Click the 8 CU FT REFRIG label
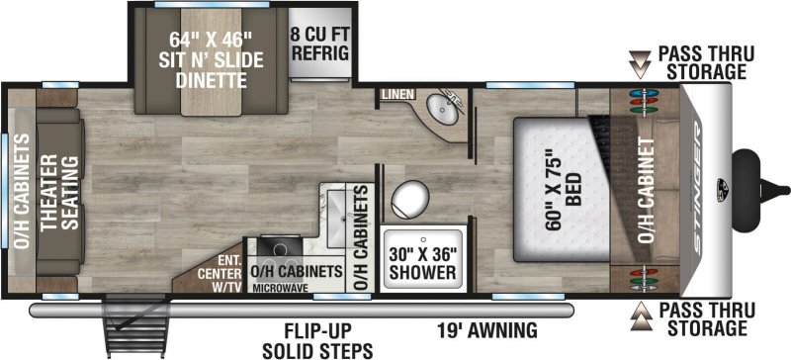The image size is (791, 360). tap(318, 43)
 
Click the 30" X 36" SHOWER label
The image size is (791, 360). tap(420, 260)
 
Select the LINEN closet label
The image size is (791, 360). tap(395, 95)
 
